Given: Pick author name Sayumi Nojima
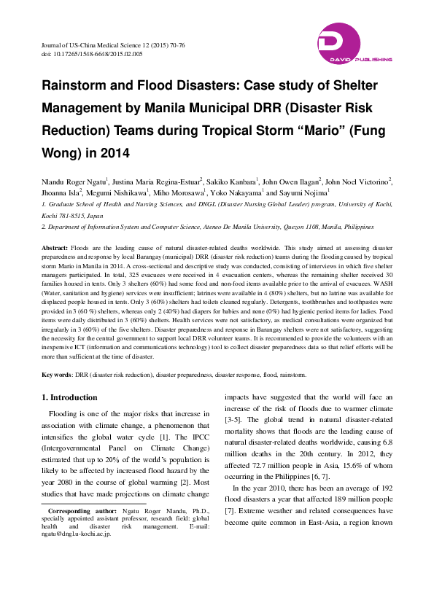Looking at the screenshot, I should coord(305,192).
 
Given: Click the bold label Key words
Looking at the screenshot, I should coord(55,375).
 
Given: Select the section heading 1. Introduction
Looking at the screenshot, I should coord(69,397).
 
